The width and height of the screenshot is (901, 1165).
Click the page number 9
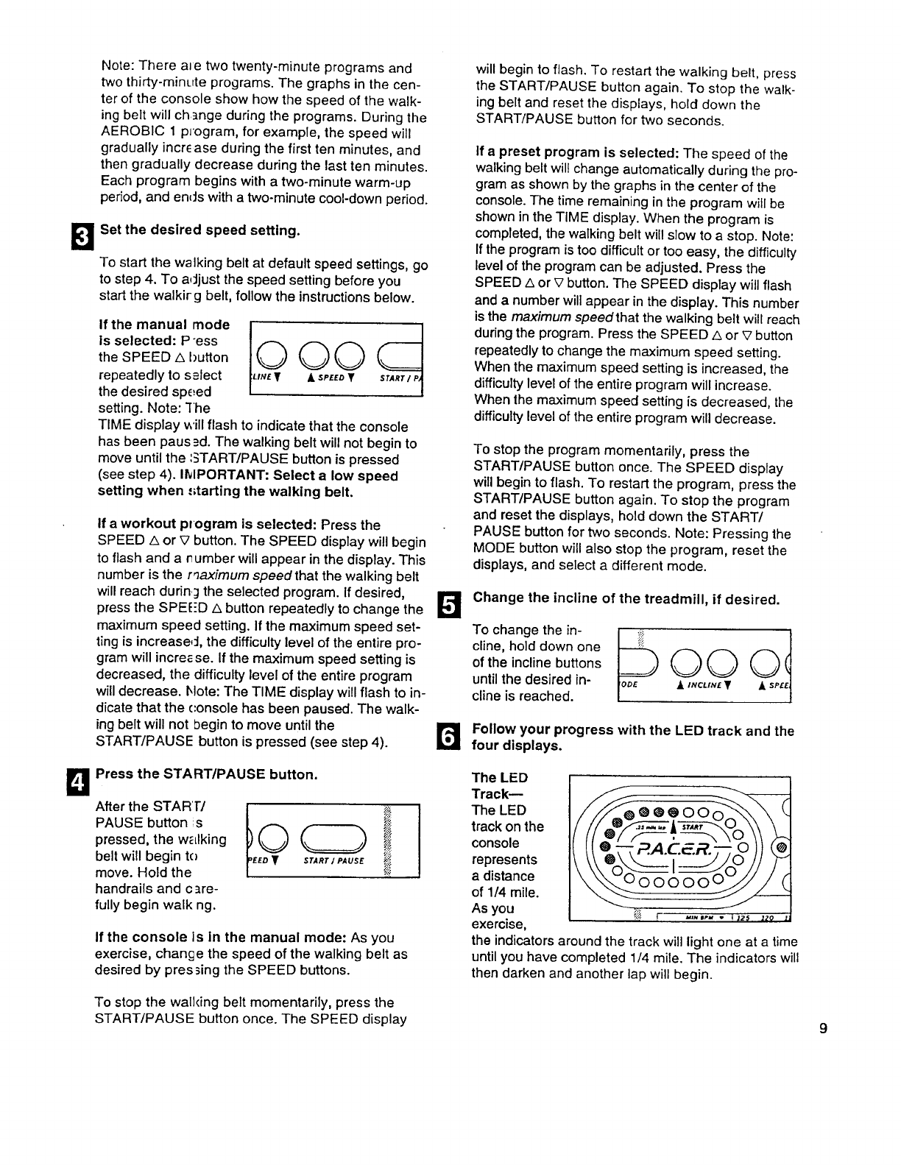click(824, 1028)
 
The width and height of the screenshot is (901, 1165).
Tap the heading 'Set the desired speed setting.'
click(200, 230)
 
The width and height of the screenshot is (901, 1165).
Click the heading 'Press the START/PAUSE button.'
click(207, 774)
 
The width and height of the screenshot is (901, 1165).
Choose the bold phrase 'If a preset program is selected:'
click(577, 154)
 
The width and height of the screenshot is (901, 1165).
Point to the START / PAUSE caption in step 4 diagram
click(335, 860)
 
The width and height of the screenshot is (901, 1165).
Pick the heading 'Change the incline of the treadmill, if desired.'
click(626, 598)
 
